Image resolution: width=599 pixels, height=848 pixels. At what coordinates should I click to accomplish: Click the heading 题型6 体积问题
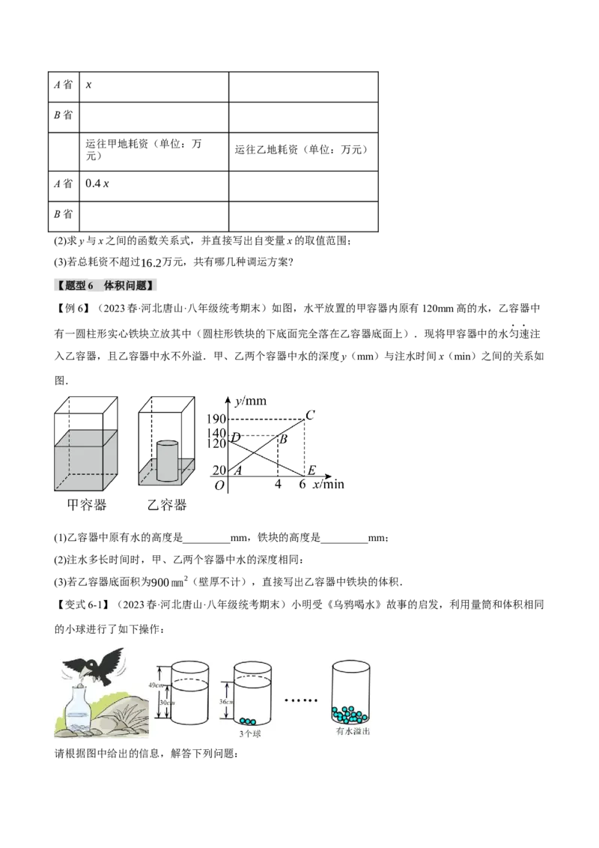[108, 285]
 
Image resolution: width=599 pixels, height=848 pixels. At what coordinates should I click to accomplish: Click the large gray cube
[85, 458]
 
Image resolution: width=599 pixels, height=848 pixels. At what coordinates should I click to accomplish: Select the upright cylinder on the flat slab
[167, 458]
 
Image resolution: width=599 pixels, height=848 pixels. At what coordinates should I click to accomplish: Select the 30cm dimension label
[165, 702]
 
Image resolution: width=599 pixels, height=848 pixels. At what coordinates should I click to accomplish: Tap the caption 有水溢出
[353, 731]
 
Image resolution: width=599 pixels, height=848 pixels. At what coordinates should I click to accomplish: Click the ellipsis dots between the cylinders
[302, 703]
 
